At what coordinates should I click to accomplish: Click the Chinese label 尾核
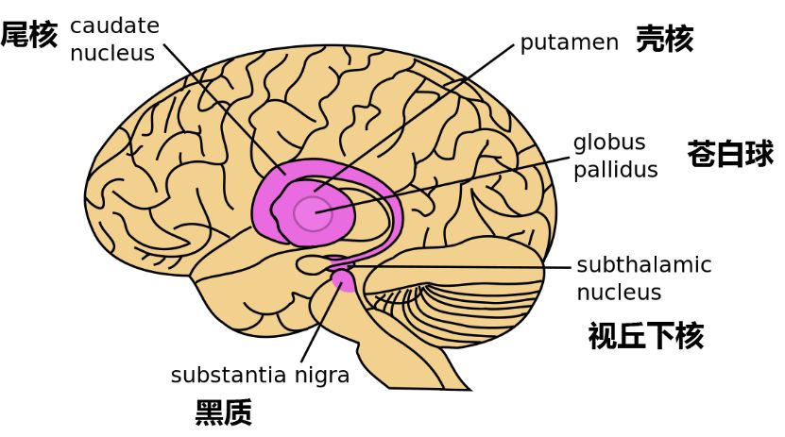point(28,36)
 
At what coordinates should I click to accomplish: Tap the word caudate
point(114,25)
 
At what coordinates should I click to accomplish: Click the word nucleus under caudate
point(111,53)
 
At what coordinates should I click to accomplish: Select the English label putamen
point(569,42)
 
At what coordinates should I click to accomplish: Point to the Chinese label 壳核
point(664,40)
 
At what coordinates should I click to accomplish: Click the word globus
point(609,143)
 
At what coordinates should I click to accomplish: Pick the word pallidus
point(615,170)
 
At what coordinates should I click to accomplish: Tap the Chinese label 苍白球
point(730,154)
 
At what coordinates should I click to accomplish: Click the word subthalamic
point(643,265)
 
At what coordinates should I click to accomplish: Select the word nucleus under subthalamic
point(619,293)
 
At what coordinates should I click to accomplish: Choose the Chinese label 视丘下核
point(645,336)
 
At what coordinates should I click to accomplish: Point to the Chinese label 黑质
point(224,413)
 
